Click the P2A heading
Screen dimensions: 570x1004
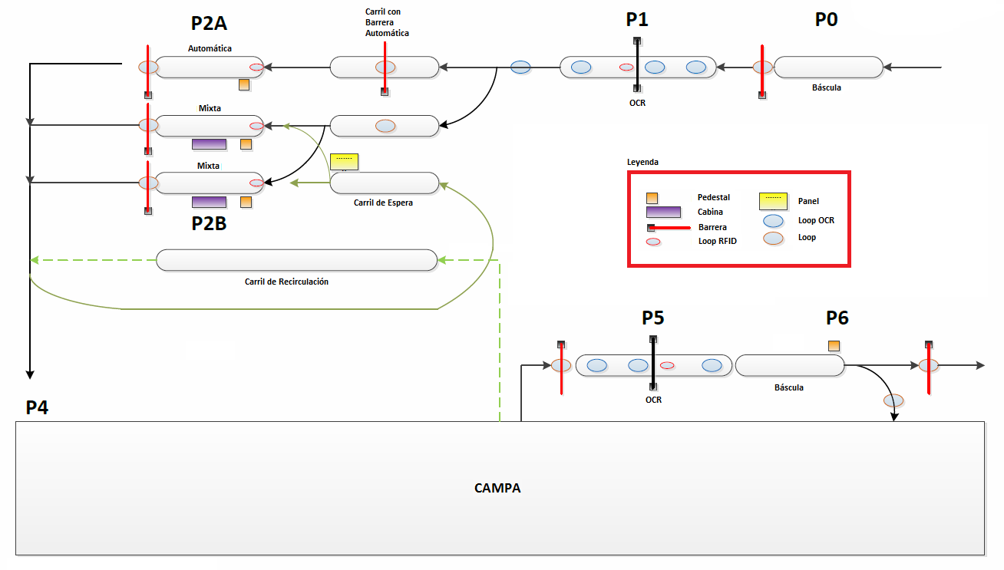pyautogui.click(x=209, y=24)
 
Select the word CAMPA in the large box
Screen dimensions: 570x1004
pyautogui.click(x=497, y=488)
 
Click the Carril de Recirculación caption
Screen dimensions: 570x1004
pyautogui.click(x=286, y=282)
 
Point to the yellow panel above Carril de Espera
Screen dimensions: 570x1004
pyautogui.click(x=344, y=161)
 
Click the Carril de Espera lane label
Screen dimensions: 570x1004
pyautogui.click(x=383, y=203)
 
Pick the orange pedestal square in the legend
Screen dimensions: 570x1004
pyautogui.click(x=651, y=197)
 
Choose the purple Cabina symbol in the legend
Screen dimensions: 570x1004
pyautogui.click(x=663, y=212)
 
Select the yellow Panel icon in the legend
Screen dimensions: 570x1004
pyautogui.click(x=773, y=201)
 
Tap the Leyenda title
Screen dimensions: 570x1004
pyautogui.click(x=642, y=163)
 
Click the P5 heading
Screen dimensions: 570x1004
pyautogui.click(x=652, y=318)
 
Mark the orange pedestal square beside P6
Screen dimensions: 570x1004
pyautogui.click(x=834, y=346)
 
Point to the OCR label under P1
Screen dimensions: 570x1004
pyautogui.click(x=637, y=103)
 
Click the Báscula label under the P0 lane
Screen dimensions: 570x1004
pyautogui.click(x=826, y=87)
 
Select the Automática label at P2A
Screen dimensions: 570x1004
pyautogui.click(x=210, y=48)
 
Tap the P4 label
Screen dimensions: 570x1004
pyautogui.click(x=37, y=408)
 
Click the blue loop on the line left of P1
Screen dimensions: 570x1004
pyautogui.click(x=520, y=68)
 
